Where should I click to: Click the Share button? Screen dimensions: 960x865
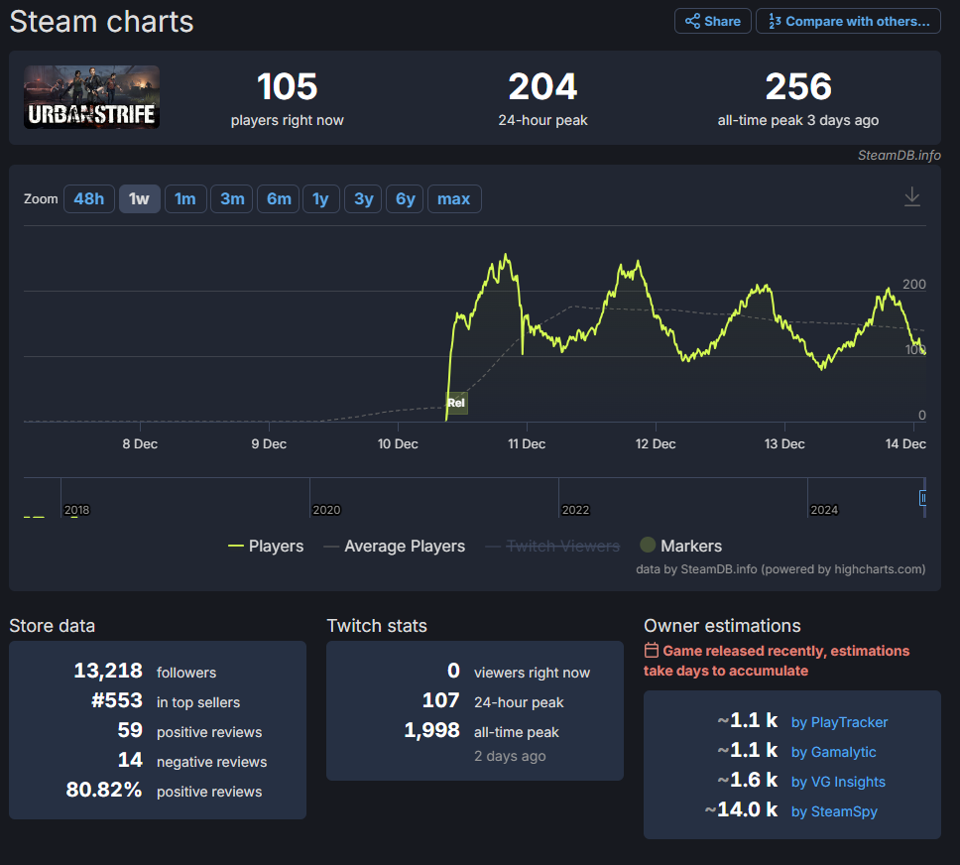point(713,22)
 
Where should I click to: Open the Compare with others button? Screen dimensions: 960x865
point(849,22)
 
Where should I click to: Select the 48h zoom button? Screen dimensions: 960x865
point(89,199)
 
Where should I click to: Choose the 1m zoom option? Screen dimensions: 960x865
point(184,199)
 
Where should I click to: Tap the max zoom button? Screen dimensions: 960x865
point(453,199)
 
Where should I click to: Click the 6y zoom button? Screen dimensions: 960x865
point(405,199)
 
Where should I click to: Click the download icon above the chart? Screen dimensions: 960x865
point(912,196)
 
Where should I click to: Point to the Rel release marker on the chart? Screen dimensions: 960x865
point(456,403)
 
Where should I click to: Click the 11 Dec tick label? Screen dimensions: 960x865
point(527,444)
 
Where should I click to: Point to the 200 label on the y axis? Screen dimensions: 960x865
point(914,285)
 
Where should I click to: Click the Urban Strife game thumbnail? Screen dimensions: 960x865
point(92,97)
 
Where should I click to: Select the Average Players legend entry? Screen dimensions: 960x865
point(395,546)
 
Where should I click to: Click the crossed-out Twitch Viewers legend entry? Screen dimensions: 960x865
point(552,546)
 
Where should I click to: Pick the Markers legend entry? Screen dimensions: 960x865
point(680,546)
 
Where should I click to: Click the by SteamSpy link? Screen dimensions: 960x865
point(834,811)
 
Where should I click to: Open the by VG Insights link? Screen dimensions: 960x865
point(838,782)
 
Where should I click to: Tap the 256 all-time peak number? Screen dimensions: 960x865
point(798,86)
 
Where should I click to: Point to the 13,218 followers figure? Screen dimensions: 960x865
point(108,671)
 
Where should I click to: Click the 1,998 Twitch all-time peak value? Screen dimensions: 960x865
point(431,730)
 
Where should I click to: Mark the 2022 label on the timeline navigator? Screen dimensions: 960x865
point(575,510)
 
